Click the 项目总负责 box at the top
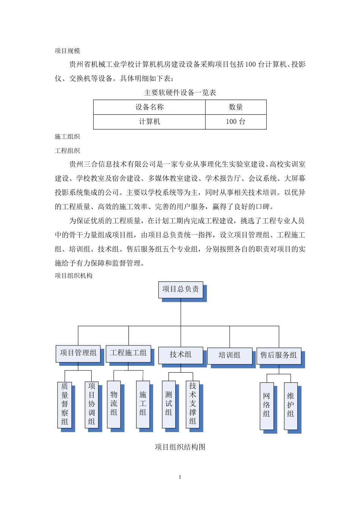[x=181, y=289]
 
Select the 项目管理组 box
[x=78, y=353]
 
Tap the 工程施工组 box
[x=128, y=353]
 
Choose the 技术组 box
[x=180, y=355]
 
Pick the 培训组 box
[x=229, y=355]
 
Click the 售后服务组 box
[x=279, y=355]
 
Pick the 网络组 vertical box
[x=266, y=405]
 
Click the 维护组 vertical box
[x=291, y=405]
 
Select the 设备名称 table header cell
[x=149, y=107]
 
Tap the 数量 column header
[x=236, y=107]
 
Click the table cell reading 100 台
[x=236, y=122]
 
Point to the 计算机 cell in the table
[x=149, y=122]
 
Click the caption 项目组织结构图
[x=180, y=447]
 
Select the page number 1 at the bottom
[x=180, y=477]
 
